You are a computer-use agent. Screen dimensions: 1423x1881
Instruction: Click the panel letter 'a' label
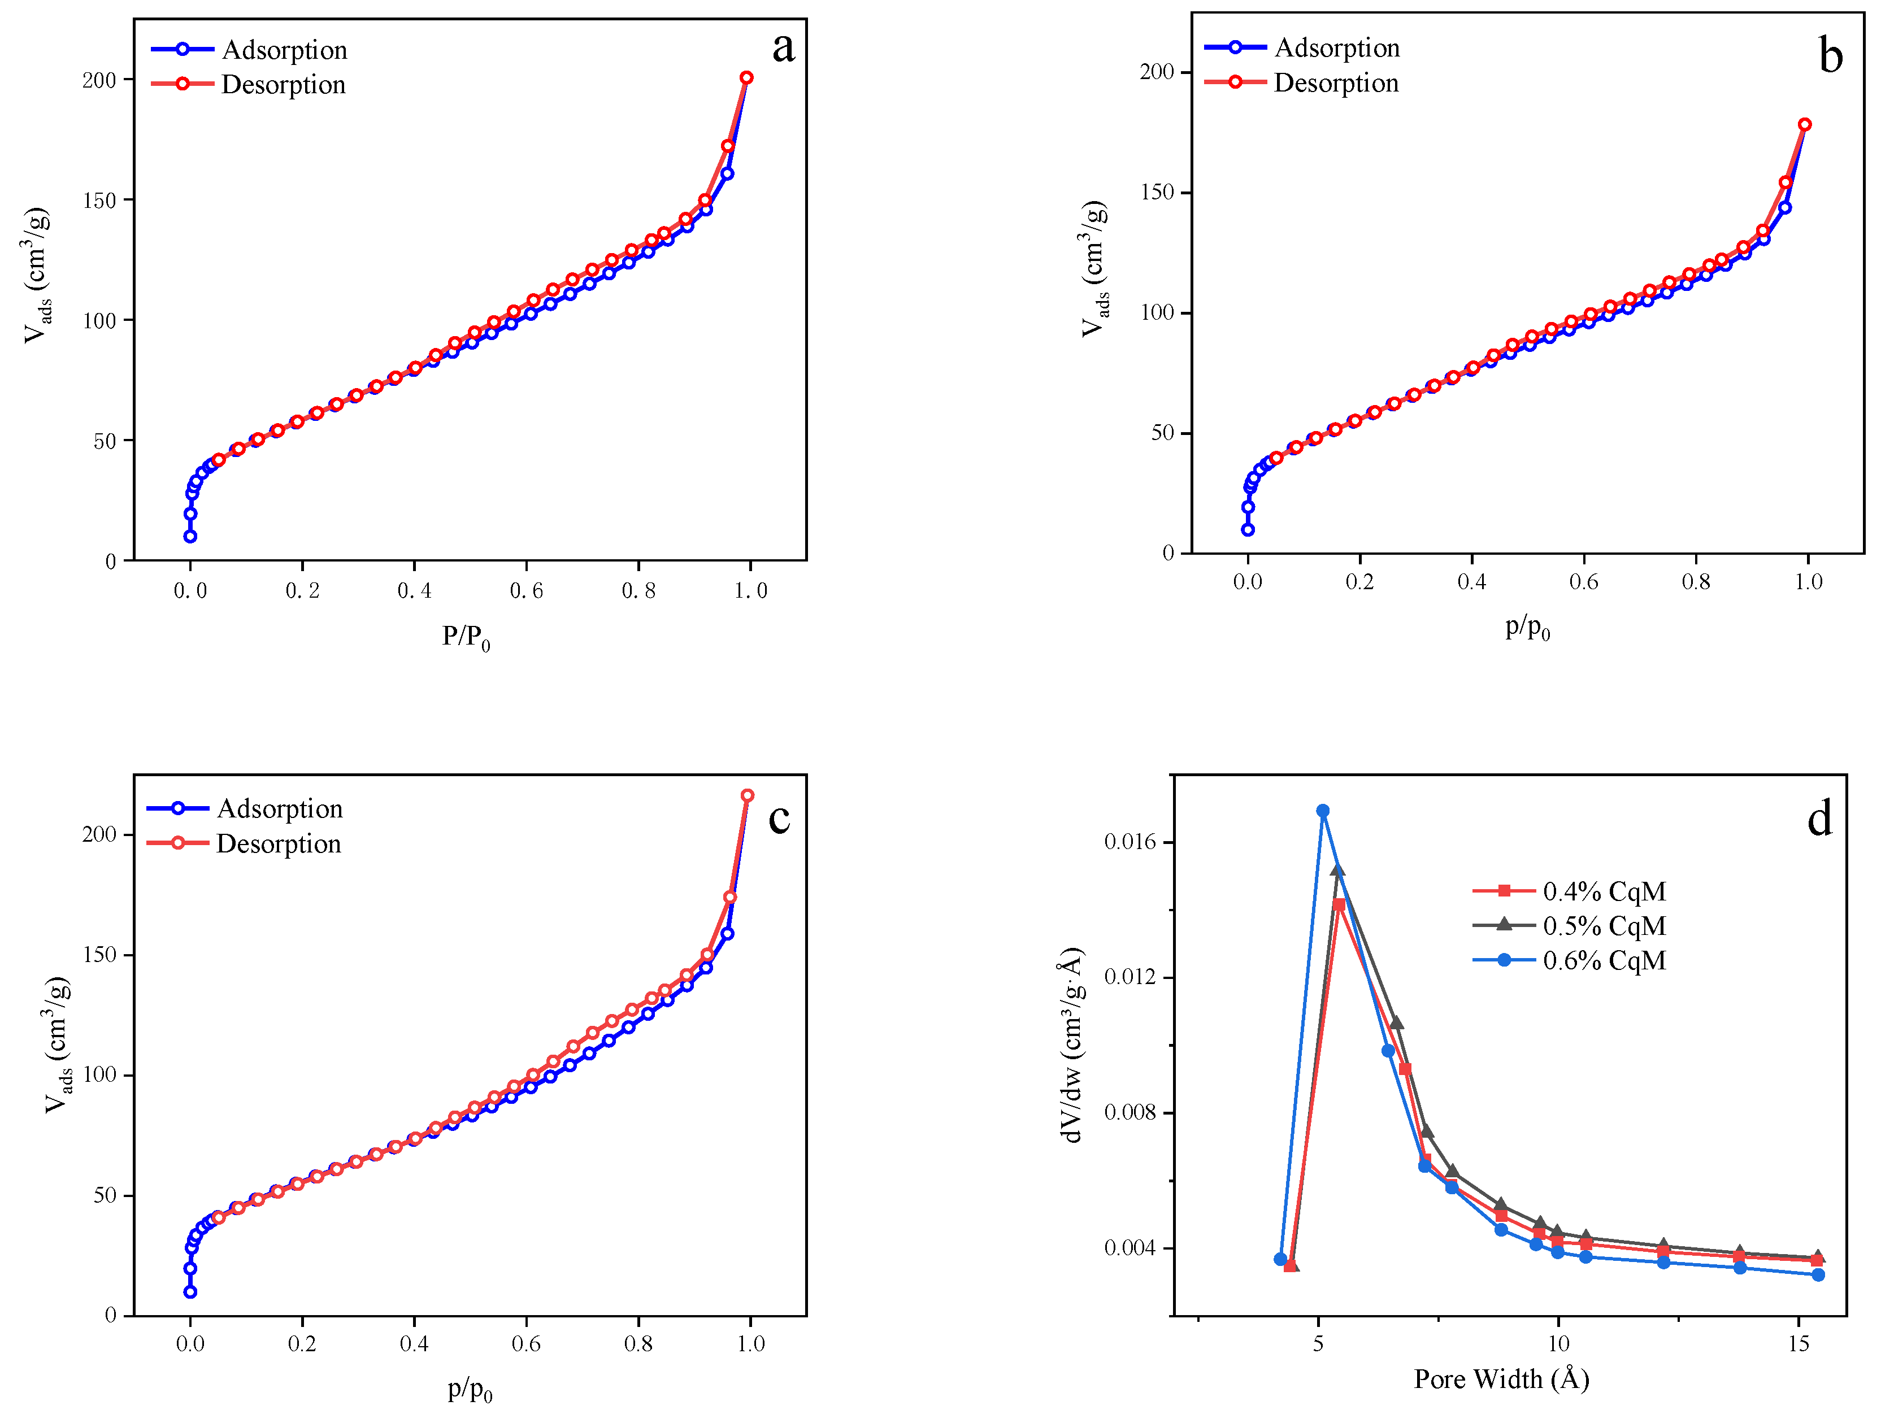pyautogui.click(x=783, y=47)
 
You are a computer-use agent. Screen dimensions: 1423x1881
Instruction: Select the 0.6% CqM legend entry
pyautogui.click(x=1570, y=960)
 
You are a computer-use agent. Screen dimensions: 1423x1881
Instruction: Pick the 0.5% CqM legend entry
pyautogui.click(x=1570, y=926)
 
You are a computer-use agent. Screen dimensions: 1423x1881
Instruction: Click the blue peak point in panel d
pyautogui.click(x=1323, y=811)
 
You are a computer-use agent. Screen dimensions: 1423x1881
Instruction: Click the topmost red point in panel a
pyautogui.click(x=746, y=77)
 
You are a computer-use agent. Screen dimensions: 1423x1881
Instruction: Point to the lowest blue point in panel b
pyautogui.click(x=1248, y=529)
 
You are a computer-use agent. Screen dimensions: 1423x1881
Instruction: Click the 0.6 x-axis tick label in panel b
pyautogui.click(x=1583, y=582)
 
